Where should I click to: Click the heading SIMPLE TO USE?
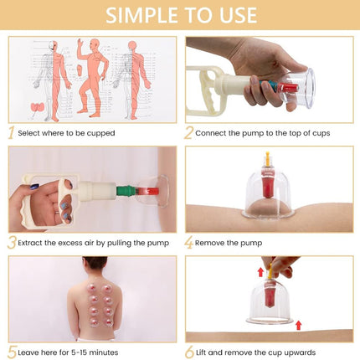(179, 16)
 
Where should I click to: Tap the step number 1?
(12, 132)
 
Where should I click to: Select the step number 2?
(190, 132)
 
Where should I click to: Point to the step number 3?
(12, 242)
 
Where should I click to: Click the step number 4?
(190, 242)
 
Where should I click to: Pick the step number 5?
(12, 352)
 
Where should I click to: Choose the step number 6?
(190, 352)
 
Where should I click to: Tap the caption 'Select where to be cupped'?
(68, 133)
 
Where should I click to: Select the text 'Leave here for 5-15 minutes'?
(72, 352)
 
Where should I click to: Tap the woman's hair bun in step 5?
(93, 262)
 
